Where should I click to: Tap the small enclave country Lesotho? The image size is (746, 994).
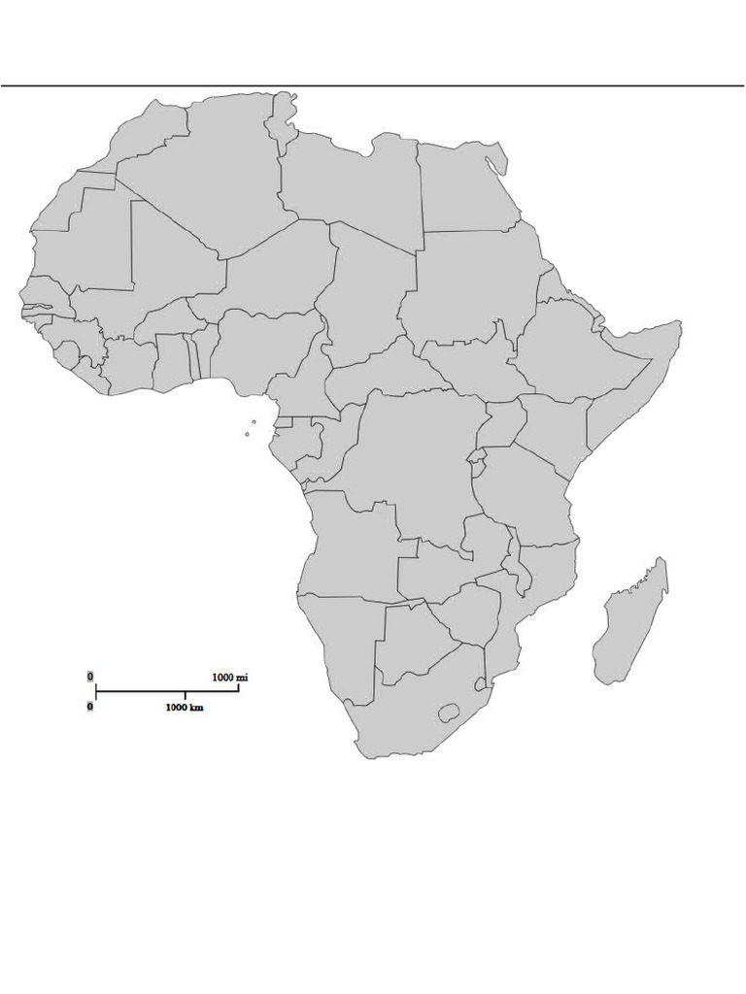[x=449, y=713]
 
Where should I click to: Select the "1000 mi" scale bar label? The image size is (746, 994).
[x=229, y=678]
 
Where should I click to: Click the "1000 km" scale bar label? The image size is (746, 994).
[x=185, y=708]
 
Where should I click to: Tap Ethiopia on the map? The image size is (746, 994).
[x=573, y=349]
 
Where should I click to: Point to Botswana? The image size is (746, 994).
[x=413, y=646]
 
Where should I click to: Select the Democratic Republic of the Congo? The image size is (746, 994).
[x=418, y=456]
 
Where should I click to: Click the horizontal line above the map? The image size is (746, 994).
[x=373, y=85]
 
